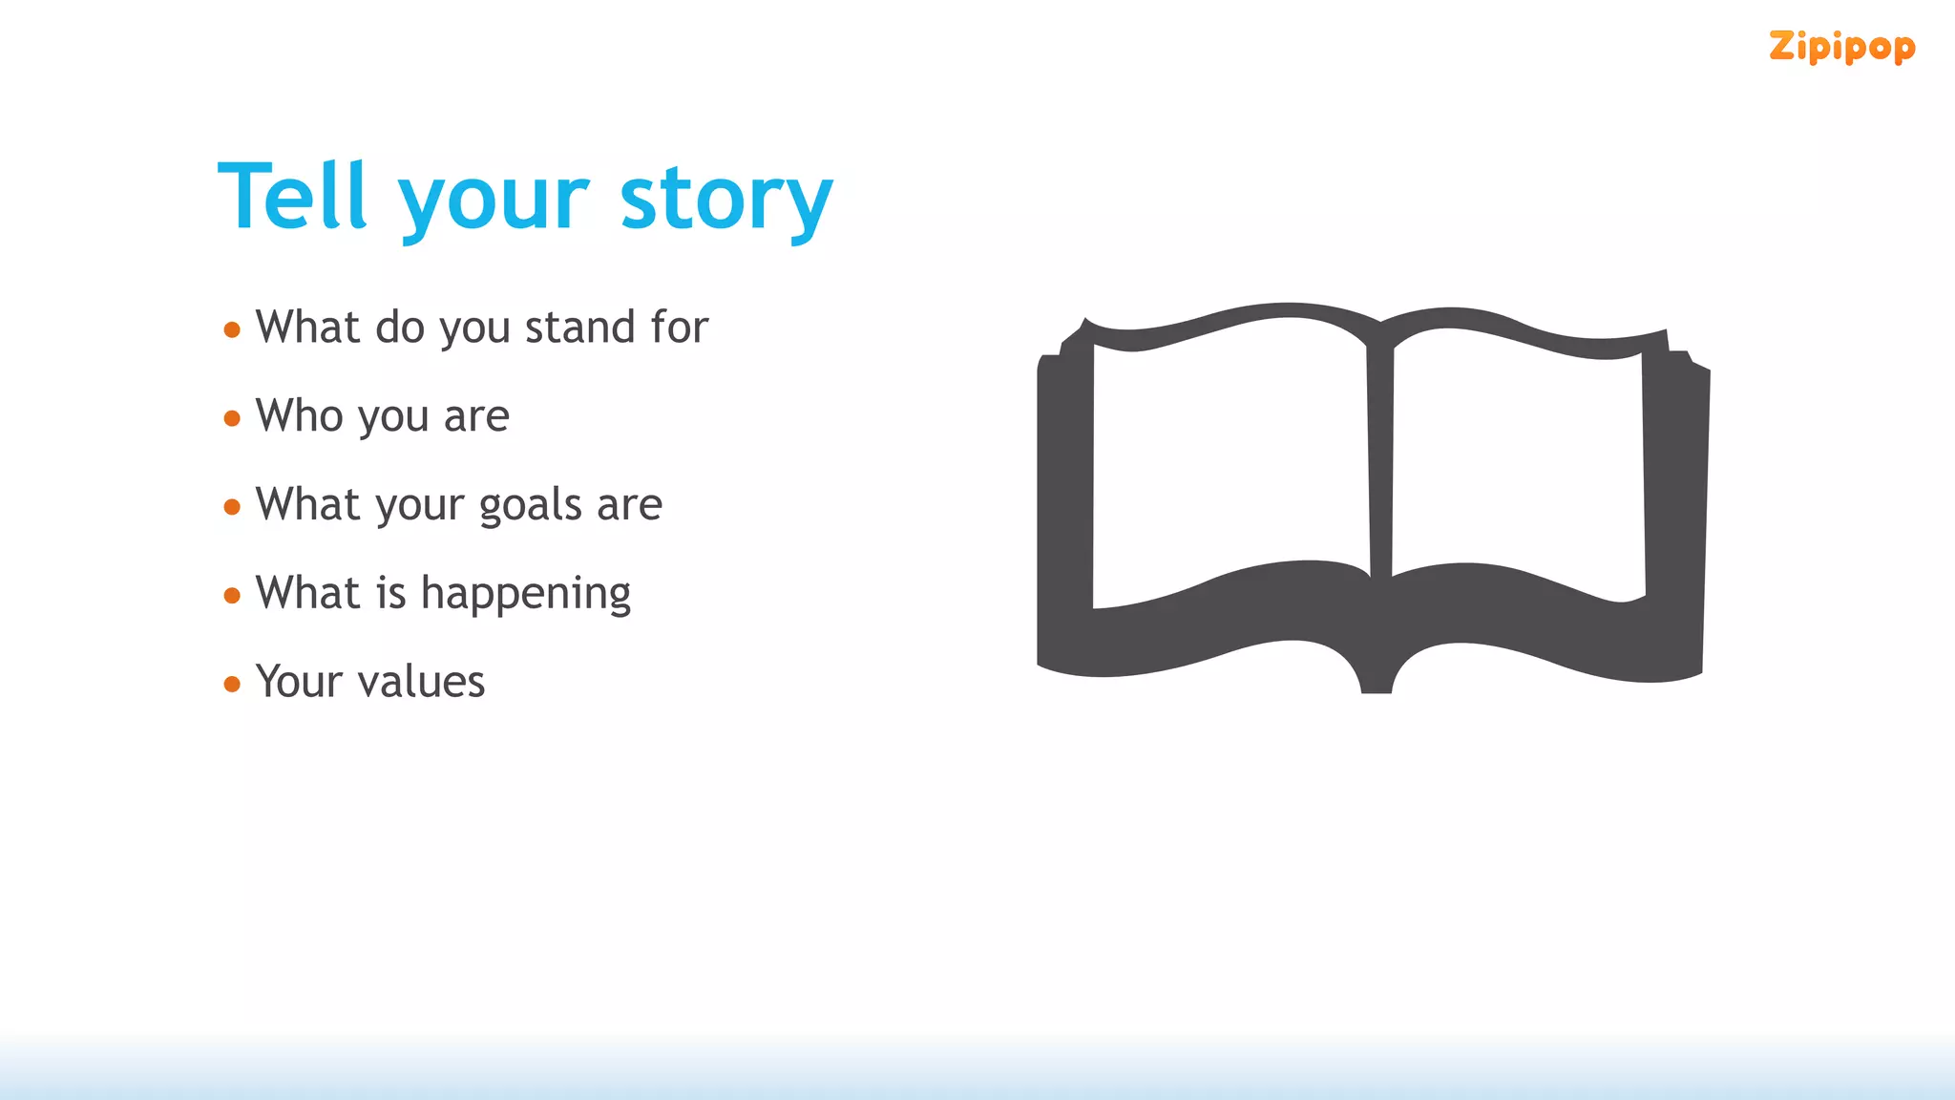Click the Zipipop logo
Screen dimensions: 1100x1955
pyautogui.click(x=1841, y=47)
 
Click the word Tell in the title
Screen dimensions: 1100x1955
pyautogui.click(x=292, y=197)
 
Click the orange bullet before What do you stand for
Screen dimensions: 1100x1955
pyautogui.click(x=232, y=330)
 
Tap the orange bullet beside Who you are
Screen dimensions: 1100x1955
pyautogui.click(x=232, y=418)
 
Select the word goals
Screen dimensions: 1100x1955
pyautogui.click(x=530, y=506)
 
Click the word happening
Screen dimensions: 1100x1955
pyautogui.click(x=525, y=595)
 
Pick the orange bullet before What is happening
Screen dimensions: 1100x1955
pyautogui.click(x=232, y=596)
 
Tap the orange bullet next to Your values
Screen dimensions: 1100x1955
pyautogui.click(x=232, y=684)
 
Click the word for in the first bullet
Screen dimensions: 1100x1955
pyautogui.click(x=680, y=328)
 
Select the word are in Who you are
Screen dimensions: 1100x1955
pyautogui.click(x=476, y=417)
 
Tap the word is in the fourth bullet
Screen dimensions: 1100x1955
pyautogui.click(x=391, y=593)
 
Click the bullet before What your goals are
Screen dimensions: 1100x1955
pyautogui.click(x=232, y=507)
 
